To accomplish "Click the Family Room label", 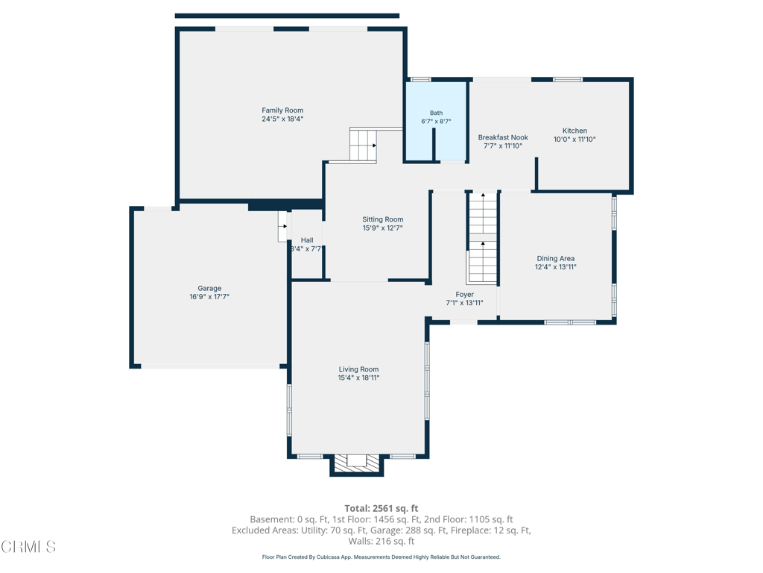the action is [x=282, y=110].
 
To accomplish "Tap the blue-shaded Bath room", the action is [x=436, y=121].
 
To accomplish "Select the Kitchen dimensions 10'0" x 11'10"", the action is [x=574, y=140].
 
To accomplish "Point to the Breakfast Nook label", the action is [x=503, y=137].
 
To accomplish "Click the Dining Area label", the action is [x=556, y=259].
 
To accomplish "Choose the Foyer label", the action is [x=465, y=294].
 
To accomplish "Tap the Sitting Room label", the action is [x=382, y=219].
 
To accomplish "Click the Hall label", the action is [x=307, y=240].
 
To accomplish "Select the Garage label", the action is [x=209, y=289].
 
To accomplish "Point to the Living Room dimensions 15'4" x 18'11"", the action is [x=358, y=378].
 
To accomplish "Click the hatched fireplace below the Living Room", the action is [x=357, y=463].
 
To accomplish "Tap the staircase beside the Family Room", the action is [x=363, y=145].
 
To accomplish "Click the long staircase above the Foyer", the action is [x=483, y=237].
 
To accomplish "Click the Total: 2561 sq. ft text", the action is [x=381, y=509].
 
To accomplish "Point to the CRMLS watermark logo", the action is [x=28, y=547].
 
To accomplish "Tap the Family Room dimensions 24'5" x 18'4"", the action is [x=282, y=119].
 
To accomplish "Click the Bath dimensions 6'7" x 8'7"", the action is [x=436, y=122].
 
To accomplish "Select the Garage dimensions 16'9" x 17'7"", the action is [x=209, y=297].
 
